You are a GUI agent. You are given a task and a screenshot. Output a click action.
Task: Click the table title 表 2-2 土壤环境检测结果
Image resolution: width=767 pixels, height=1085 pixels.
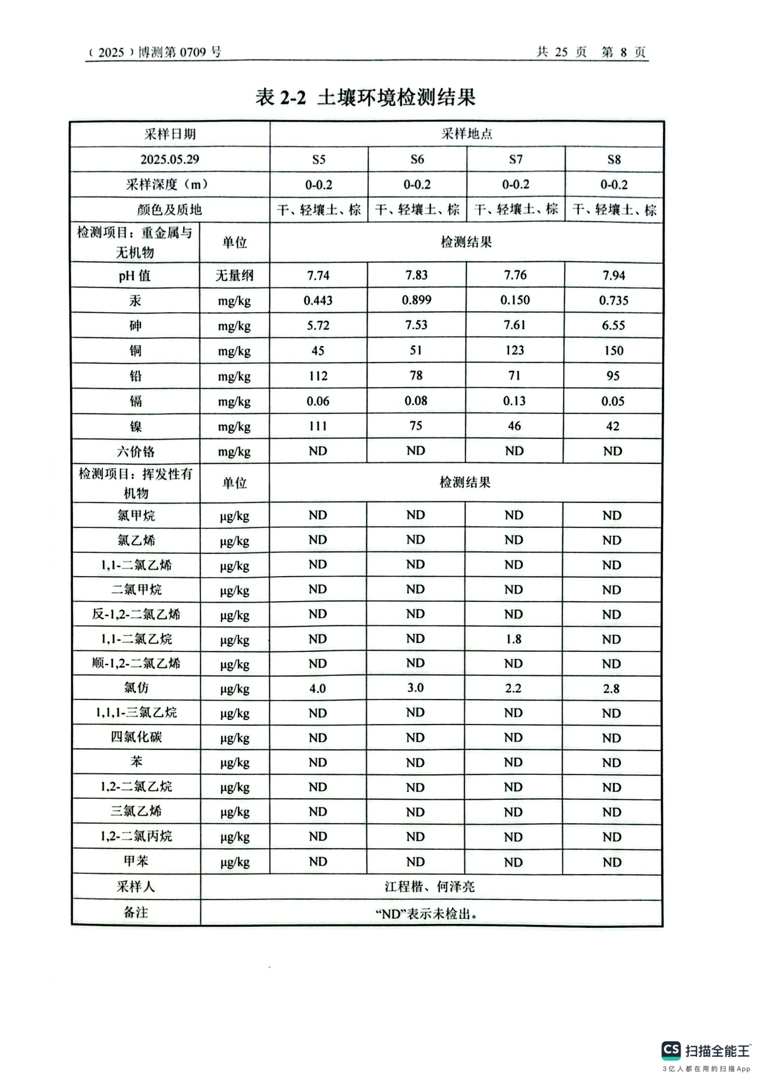tap(365, 97)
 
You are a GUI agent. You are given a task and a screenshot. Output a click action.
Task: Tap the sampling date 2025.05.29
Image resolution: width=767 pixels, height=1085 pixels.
tap(170, 159)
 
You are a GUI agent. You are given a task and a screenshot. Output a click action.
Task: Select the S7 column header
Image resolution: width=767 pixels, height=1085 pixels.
tap(516, 159)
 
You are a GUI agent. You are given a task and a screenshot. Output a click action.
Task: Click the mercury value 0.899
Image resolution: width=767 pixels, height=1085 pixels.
tap(416, 300)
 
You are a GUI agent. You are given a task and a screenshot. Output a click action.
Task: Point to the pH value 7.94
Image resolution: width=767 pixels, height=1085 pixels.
tap(613, 275)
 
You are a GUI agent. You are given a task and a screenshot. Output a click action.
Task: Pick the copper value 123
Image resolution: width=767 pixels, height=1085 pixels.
tap(515, 350)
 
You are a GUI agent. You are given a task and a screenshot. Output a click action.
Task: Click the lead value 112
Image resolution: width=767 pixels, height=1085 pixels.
tap(318, 376)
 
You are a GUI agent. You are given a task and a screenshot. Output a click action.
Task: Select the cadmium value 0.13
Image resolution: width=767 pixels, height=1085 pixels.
tap(514, 401)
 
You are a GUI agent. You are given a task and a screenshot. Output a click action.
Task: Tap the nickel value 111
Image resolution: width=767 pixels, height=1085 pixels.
tap(318, 426)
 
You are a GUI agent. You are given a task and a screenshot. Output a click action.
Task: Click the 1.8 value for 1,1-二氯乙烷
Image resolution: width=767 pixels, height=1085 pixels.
tap(514, 639)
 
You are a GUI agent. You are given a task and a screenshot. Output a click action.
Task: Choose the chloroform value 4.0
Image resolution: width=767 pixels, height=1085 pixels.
tap(317, 688)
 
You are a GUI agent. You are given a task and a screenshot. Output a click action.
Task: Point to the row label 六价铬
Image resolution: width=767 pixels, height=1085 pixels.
tap(135, 451)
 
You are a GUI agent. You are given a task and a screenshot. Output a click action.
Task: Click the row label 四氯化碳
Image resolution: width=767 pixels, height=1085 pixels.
tap(136, 737)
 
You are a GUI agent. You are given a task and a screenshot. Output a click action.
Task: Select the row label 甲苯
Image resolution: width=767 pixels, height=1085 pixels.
tap(136, 861)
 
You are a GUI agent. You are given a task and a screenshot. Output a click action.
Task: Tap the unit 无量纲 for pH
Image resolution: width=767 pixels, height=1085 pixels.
tap(234, 275)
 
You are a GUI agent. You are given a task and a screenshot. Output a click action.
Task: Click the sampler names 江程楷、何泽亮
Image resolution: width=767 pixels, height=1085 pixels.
tap(430, 886)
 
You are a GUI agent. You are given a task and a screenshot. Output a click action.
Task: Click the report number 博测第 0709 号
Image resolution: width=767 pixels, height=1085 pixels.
tap(180, 52)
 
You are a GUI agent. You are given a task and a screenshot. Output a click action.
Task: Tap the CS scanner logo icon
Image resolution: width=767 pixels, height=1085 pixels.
tap(671, 1050)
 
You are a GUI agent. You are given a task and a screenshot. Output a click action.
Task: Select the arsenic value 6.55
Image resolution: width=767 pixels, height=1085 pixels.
tap(613, 325)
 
